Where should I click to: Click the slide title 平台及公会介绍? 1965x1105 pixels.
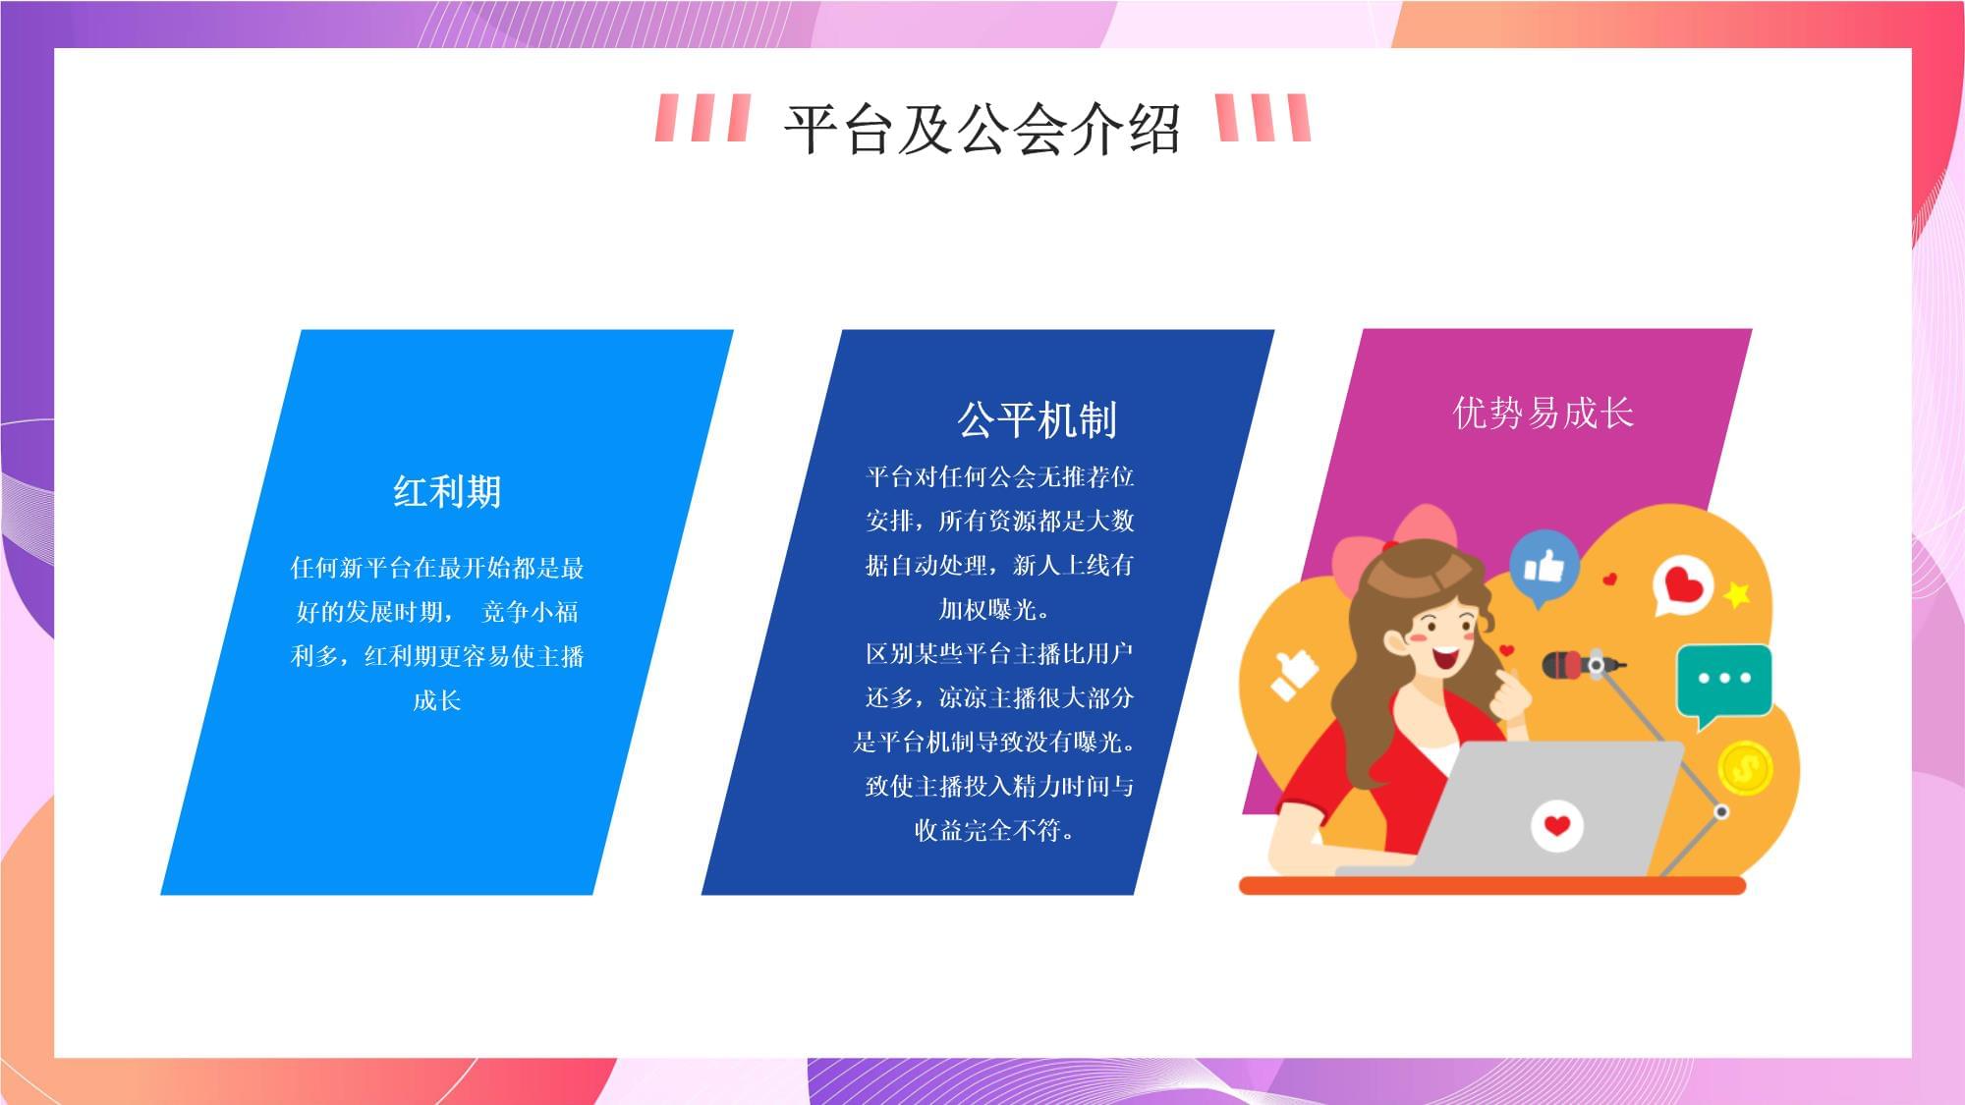point(982,128)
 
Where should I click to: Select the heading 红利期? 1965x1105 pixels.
point(447,491)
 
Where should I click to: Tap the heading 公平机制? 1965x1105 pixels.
point(1038,419)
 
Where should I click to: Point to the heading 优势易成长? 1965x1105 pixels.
point(1543,413)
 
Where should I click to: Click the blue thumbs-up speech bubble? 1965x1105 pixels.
point(1544,568)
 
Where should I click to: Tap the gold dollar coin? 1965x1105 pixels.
point(1745,767)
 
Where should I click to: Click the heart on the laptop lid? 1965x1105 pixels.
point(1556,824)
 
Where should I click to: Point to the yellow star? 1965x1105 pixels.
point(1736,593)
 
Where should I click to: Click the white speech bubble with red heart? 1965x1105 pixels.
point(1683,585)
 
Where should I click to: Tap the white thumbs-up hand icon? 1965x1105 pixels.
point(1293,674)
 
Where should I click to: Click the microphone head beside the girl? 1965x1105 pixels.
point(1563,665)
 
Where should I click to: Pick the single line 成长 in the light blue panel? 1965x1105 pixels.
point(436,700)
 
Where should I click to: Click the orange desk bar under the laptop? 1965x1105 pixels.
point(1491,886)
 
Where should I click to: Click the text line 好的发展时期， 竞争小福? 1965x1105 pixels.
point(436,612)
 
